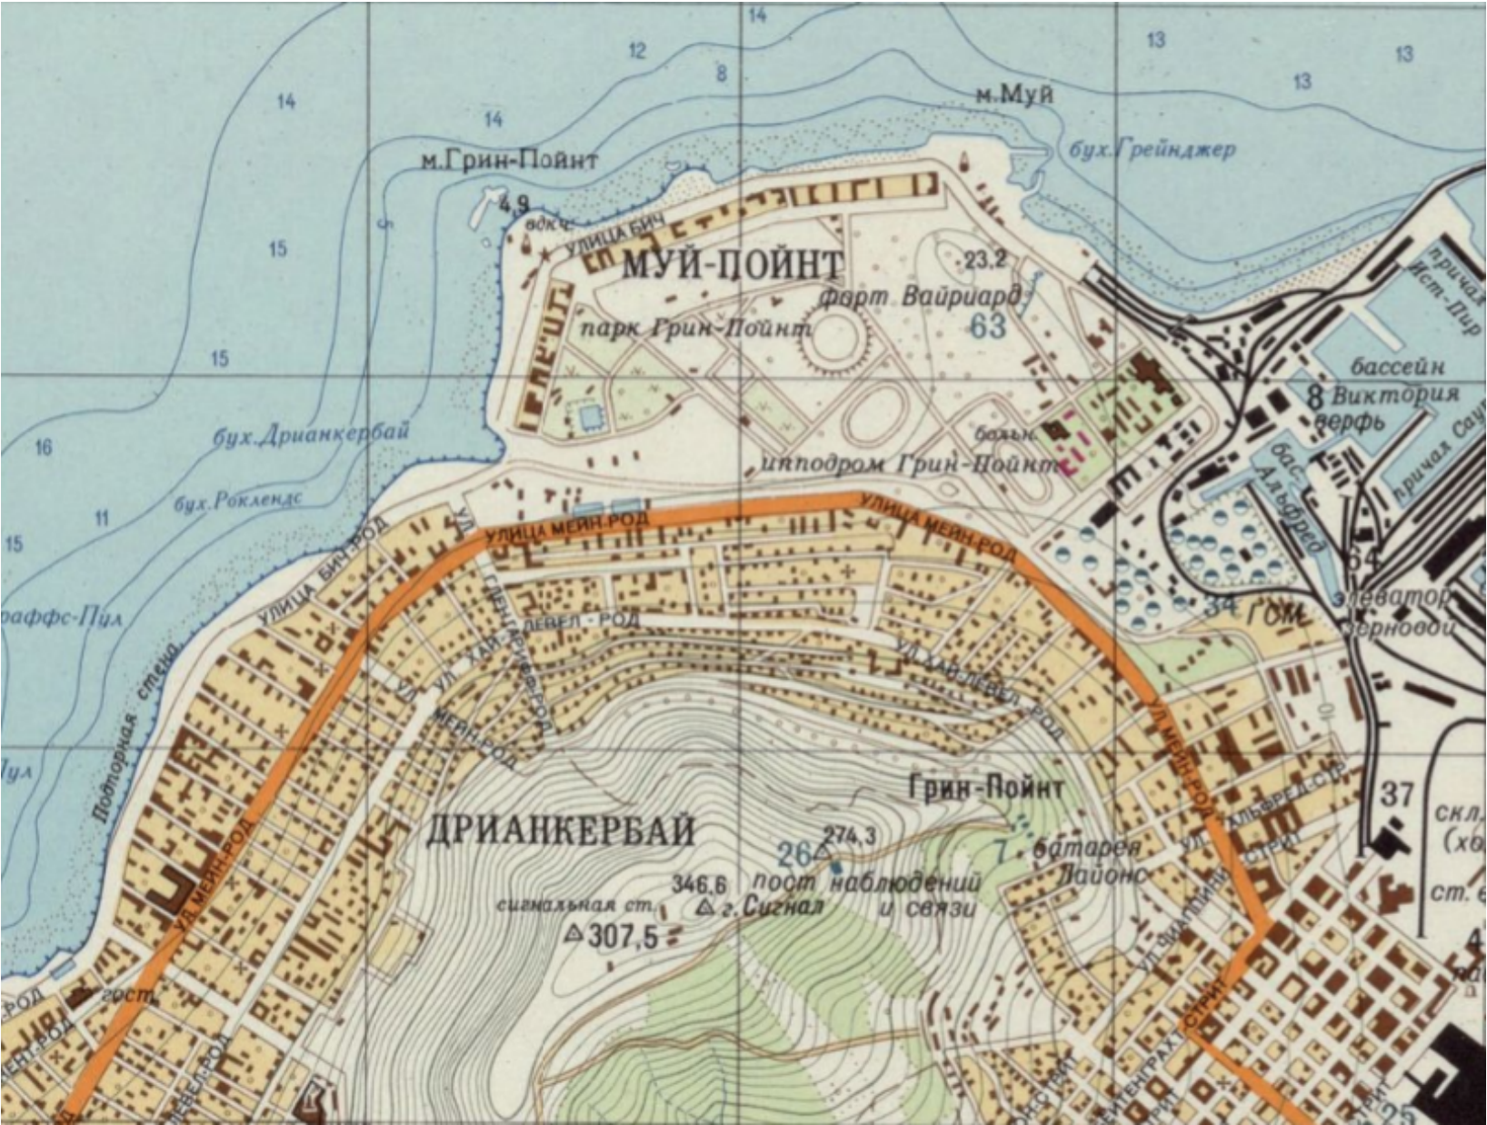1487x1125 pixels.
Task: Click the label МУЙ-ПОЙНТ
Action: click(733, 265)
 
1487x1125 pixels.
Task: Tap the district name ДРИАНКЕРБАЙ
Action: click(561, 831)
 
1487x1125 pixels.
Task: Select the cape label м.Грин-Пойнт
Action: click(510, 161)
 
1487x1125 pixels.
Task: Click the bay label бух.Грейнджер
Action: click(1153, 149)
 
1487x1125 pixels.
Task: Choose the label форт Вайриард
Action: click(920, 298)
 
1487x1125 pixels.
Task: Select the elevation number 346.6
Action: click(699, 883)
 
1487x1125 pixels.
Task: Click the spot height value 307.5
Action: click(623, 935)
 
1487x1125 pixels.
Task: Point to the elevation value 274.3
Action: click(849, 834)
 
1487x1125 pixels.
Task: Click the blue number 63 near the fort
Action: click(987, 325)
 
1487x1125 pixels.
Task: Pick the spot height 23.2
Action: click(985, 261)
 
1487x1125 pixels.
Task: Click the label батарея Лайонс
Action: click(1091, 861)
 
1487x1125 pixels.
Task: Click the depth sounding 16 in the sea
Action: click(43, 446)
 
